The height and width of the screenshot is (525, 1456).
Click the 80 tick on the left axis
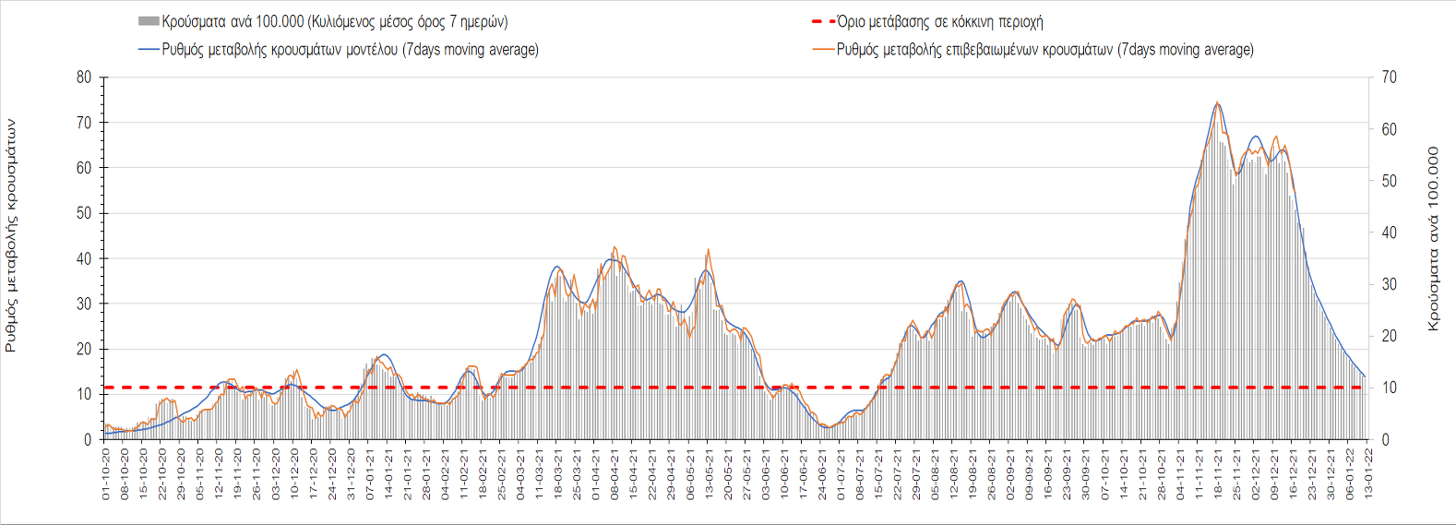tap(84, 78)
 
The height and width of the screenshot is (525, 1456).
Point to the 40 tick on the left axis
tap(84, 259)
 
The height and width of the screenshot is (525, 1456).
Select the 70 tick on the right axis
tap(1389, 78)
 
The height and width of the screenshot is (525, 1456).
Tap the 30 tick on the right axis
tap(1389, 284)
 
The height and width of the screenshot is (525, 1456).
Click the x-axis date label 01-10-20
tap(106, 475)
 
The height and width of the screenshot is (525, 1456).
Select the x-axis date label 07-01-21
tap(370, 475)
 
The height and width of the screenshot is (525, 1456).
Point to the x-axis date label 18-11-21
tap(1218, 475)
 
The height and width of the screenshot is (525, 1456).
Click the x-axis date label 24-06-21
tap(822, 475)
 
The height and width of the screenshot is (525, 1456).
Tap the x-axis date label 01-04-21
tap(596, 475)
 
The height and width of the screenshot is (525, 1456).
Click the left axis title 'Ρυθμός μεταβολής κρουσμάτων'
tap(11, 235)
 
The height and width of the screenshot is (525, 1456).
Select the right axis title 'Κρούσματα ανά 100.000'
tap(1433, 238)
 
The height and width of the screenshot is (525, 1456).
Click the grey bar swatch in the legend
tap(148, 21)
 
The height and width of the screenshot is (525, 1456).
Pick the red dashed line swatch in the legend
tap(823, 21)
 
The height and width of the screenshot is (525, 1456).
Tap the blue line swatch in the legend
tap(148, 50)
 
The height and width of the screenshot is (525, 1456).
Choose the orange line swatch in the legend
tap(823, 50)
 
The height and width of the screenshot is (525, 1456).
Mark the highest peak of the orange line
tap(1217, 102)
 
